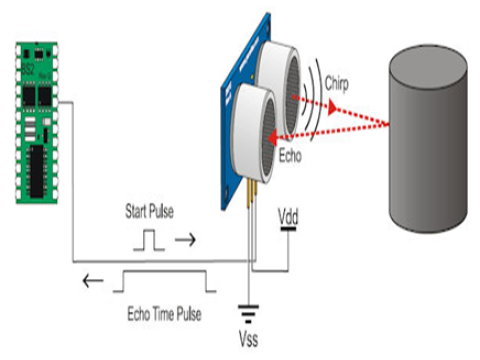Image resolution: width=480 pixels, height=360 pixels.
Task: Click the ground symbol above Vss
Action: [247, 311]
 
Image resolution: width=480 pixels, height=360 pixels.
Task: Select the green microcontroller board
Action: [40, 120]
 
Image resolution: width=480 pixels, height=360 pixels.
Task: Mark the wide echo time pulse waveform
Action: [164, 281]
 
